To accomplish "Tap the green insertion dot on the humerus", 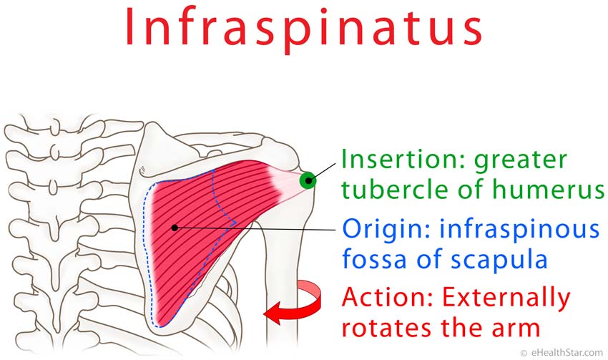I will click(308, 180).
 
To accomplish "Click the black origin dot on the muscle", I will click(174, 228).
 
